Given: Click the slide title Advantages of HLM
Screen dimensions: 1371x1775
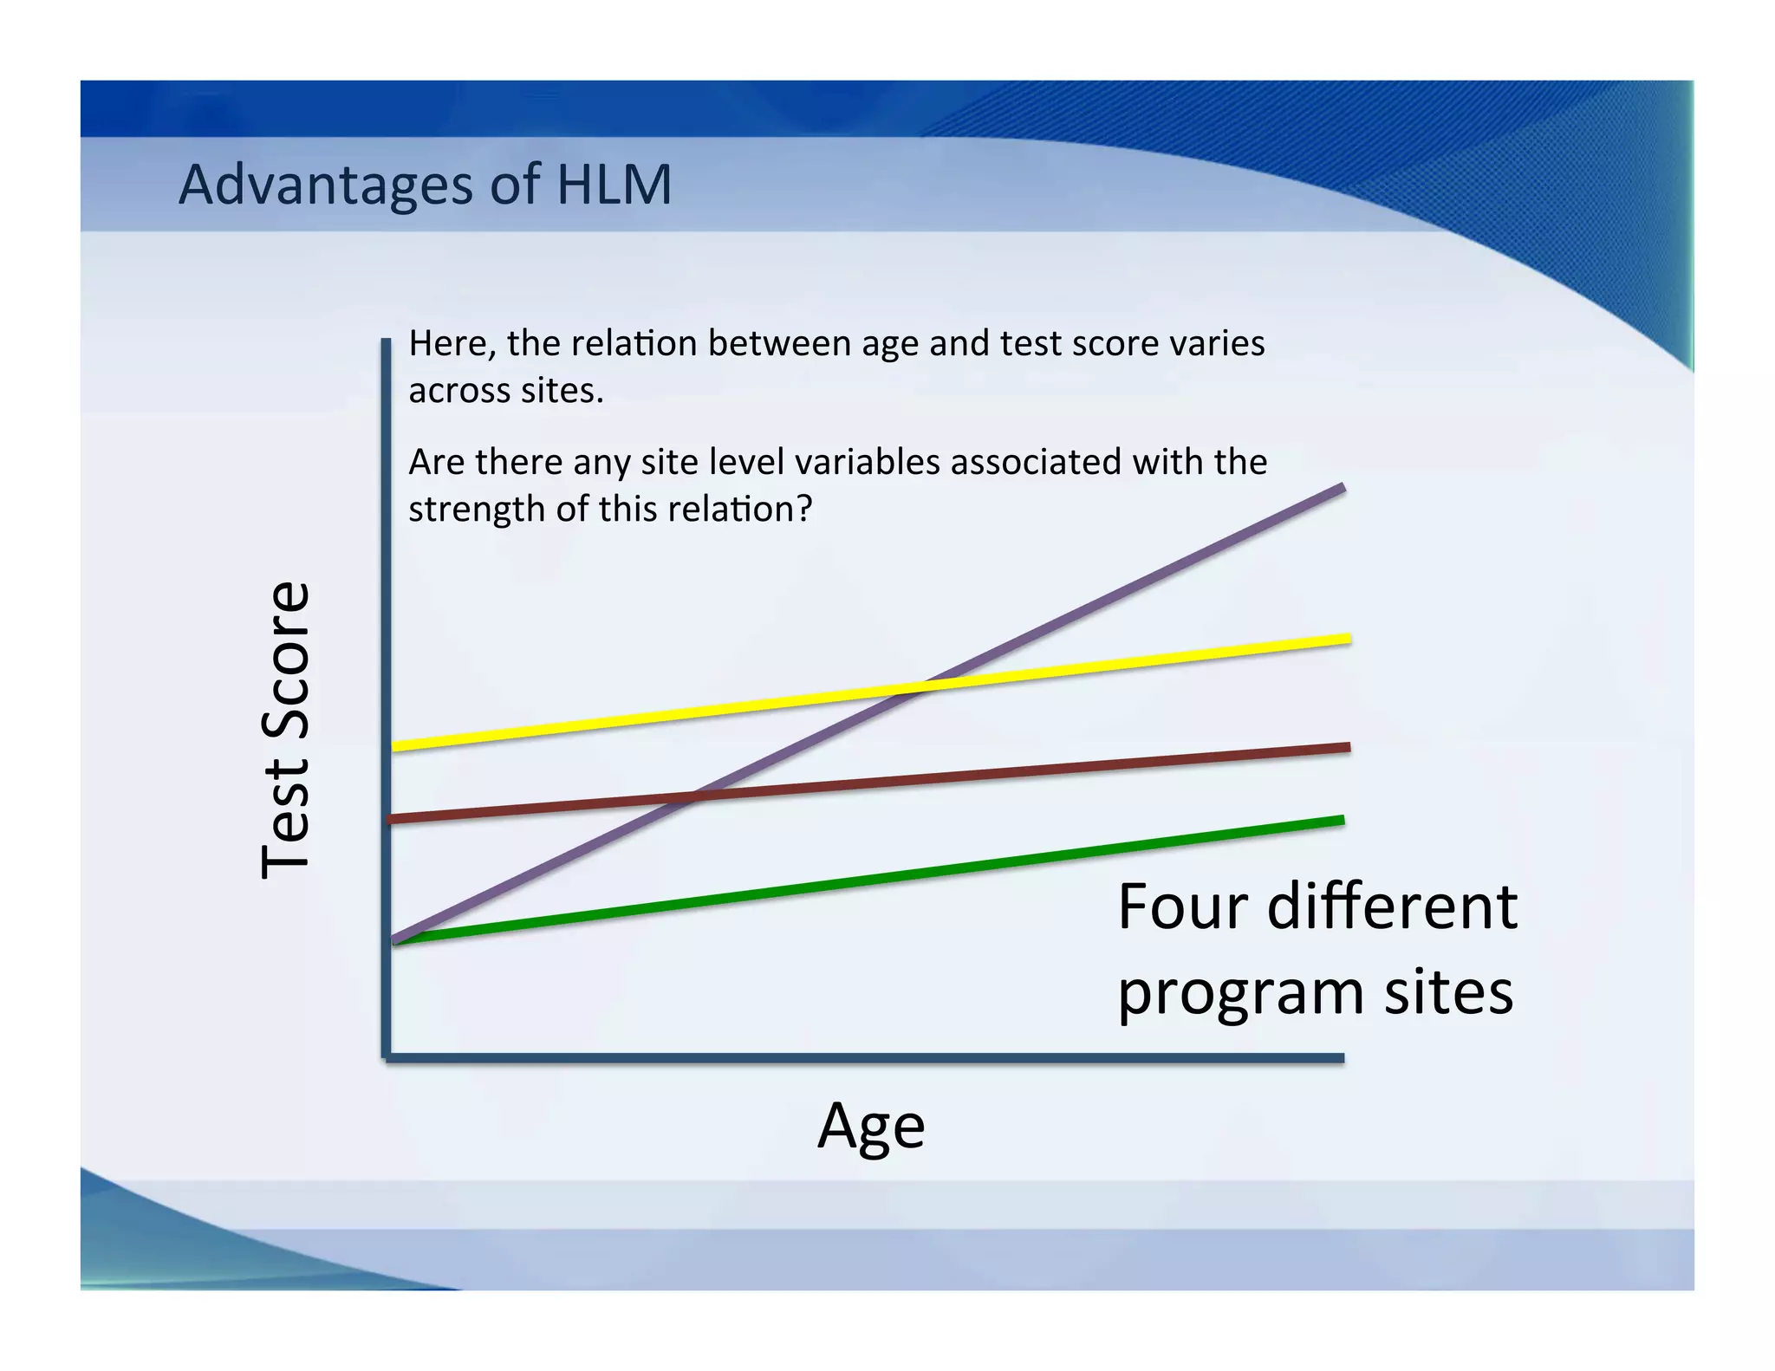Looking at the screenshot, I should pyautogui.click(x=425, y=185).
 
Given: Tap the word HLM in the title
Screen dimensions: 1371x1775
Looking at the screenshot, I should pyautogui.click(x=614, y=185).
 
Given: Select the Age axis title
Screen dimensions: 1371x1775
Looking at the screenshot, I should pyautogui.click(x=871, y=1126).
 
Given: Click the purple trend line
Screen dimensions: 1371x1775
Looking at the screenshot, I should pyautogui.click(x=1127, y=590).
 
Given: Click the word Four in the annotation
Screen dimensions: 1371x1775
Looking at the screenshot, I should pyautogui.click(x=1185, y=907).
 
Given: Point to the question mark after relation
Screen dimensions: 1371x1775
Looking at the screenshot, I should pyautogui.click(x=804, y=509).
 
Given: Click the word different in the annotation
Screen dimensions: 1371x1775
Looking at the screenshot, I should pyautogui.click(x=1392, y=907).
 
